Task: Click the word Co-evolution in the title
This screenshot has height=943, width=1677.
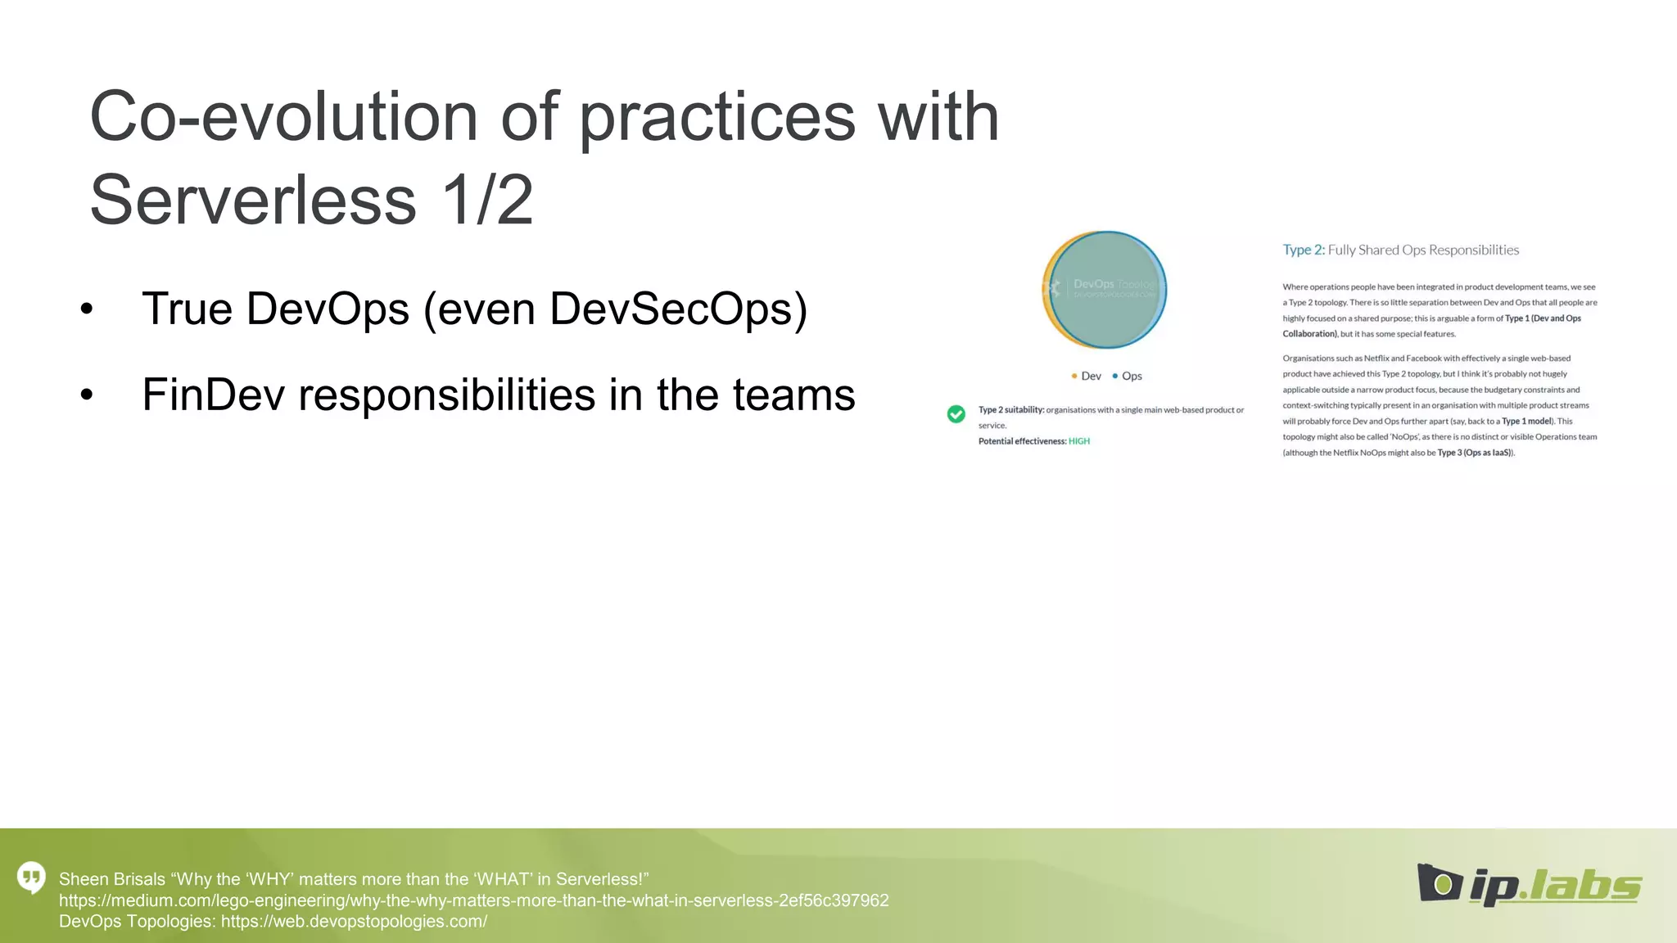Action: [x=283, y=116]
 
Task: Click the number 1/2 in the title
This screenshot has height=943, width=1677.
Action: [x=486, y=201]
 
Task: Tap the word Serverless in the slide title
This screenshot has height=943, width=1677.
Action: [x=253, y=201]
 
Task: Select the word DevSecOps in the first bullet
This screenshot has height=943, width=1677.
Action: [x=678, y=309]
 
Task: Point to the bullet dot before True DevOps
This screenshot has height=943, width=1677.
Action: [x=87, y=310]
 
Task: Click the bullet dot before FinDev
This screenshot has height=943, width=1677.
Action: [x=87, y=395]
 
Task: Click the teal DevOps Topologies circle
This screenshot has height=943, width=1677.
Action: [x=1107, y=290]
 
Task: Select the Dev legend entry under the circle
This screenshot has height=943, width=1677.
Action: [x=1087, y=376]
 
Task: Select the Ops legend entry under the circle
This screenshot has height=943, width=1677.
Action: [x=1128, y=376]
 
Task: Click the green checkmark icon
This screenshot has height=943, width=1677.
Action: [x=956, y=414]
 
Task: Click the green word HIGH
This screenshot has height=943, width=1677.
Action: [x=1078, y=441]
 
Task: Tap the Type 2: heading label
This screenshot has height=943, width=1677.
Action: [x=1303, y=250]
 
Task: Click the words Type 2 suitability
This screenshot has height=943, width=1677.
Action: [x=1010, y=410]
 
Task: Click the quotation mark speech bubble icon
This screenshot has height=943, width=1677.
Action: [x=31, y=878]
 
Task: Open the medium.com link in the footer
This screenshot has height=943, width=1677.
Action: [x=473, y=900]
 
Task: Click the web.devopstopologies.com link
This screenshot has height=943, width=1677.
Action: [x=354, y=922]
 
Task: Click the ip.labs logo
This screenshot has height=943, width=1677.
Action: [x=1529, y=885]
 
